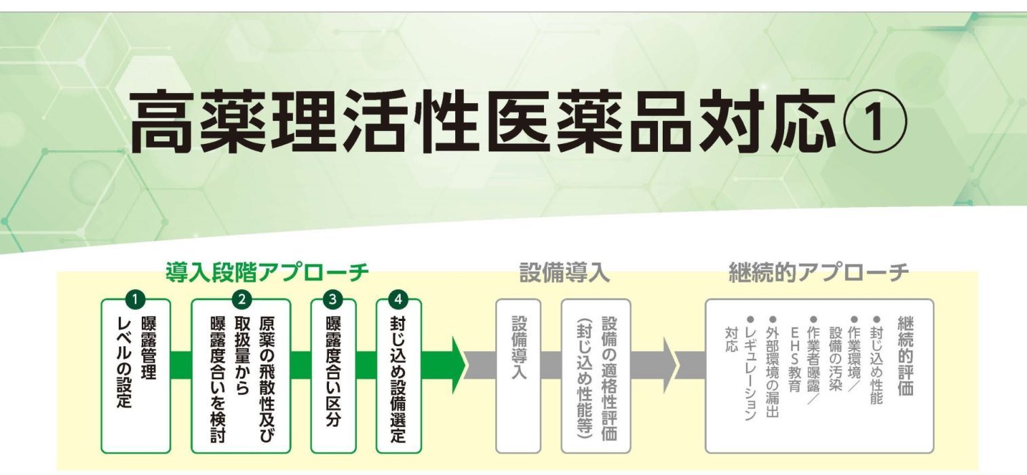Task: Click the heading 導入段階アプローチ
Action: (x=267, y=272)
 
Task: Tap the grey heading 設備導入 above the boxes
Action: (x=564, y=272)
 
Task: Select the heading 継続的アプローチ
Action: (x=818, y=272)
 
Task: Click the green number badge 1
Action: (x=135, y=300)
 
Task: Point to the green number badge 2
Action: (x=241, y=300)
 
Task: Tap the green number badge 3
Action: (x=333, y=300)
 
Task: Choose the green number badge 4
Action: (x=398, y=300)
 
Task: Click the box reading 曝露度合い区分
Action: (x=333, y=376)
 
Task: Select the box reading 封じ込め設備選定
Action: (x=398, y=376)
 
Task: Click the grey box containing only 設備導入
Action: (x=518, y=376)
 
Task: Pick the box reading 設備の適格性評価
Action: (x=596, y=376)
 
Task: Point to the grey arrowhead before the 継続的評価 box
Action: (x=670, y=366)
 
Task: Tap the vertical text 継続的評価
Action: (x=906, y=356)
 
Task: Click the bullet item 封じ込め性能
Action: (x=876, y=360)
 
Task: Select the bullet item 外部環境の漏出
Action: (x=772, y=367)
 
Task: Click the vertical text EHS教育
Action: (x=794, y=359)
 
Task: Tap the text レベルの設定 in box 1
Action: (x=124, y=362)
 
